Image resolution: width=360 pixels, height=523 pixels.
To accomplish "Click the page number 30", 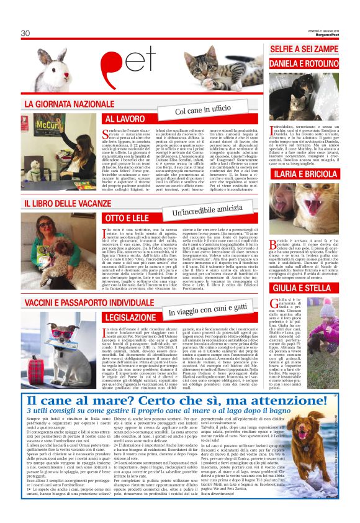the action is [25, 33].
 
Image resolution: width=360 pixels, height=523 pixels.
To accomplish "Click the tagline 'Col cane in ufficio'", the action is [199, 110].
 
